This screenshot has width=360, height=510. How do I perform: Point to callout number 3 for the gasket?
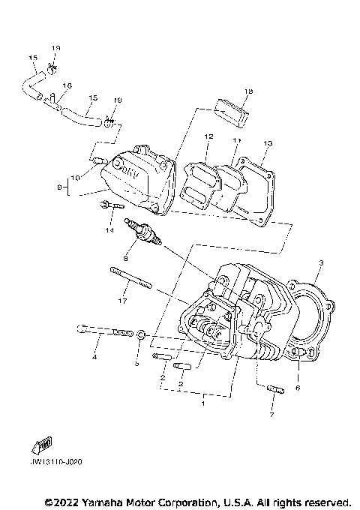pos(321,263)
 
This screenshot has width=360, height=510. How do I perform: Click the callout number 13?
pos(268,142)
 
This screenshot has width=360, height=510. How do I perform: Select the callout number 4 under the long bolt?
pos(94,357)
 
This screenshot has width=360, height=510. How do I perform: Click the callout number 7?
pos(272,414)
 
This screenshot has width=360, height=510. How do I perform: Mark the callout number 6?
pos(298,388)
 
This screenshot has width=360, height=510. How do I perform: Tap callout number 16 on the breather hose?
pos(67,86)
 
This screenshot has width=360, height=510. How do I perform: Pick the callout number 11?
pos(237,140)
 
